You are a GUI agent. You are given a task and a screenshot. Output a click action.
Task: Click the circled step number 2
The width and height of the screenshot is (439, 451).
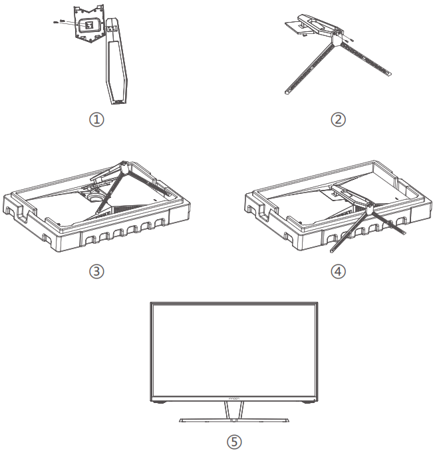339,121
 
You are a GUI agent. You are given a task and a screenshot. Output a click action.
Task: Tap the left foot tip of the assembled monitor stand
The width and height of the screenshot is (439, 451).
182,421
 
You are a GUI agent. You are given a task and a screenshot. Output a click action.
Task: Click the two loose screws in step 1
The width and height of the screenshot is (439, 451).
58,21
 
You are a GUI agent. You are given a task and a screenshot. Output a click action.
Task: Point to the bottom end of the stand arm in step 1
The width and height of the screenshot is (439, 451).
117,101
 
